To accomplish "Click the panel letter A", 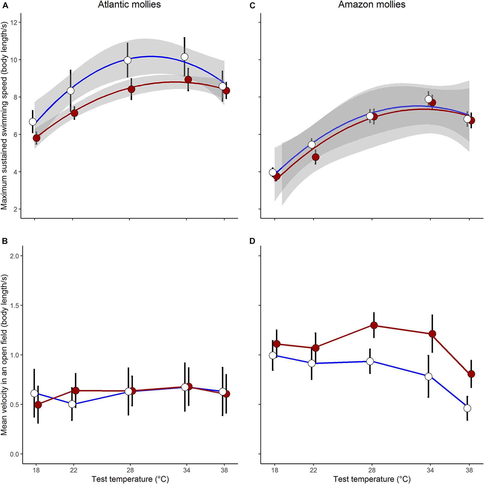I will click(5, 6).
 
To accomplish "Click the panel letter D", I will click(252, 241).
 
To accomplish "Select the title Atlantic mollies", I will click(129, 5).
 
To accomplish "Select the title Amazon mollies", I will click(371, 5).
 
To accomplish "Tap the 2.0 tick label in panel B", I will click(14, 256).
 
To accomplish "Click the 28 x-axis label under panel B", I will click(130, 470).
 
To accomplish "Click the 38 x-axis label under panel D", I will click(469, 470).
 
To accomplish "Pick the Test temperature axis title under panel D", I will click(372, 479).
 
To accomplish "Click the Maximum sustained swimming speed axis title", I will click(4, 116).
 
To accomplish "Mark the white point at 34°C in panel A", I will click(185, 57).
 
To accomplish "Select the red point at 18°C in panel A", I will click(37, 138).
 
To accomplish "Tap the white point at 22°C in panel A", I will click(71, 91).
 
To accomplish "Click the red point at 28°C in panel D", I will click(374, 325).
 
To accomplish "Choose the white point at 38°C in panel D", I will click(467, 408).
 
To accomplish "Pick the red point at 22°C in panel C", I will click(315, 157).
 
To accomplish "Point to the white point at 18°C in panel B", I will click(34, 393).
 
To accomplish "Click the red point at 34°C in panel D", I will click(432, 334).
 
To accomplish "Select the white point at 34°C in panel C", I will click(428, 99).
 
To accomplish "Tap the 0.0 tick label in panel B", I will click(14, 454).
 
